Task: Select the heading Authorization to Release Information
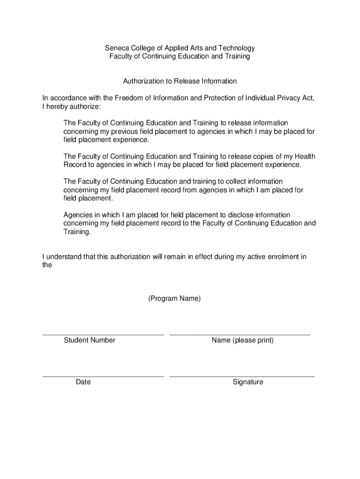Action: [180, 81]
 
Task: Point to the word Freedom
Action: [131, 98]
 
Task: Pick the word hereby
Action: [58, 107]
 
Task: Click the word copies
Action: [261, 157]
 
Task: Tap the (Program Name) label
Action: [174, 298]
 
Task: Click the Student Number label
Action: [89, 340]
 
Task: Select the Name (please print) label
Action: [242, 340]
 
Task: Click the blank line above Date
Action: [103, 376]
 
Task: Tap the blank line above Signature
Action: [242, 376]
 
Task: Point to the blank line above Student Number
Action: [103, 334]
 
